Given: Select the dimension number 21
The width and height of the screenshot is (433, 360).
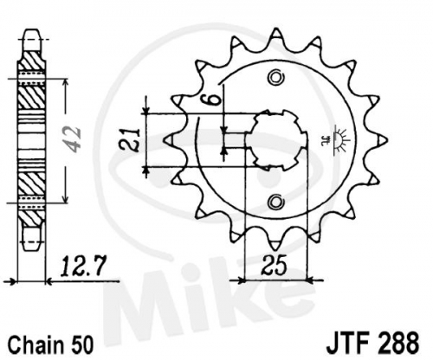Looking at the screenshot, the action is [131, 140].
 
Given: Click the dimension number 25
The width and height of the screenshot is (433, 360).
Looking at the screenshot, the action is [275, 265].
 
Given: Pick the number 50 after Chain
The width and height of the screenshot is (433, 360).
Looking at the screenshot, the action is [81, 344].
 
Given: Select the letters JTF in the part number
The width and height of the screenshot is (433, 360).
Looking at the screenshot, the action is [347, 343].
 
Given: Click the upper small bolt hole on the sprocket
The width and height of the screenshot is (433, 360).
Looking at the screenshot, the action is [276, 78].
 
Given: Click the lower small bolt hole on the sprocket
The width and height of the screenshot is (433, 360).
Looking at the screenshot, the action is [275, 202].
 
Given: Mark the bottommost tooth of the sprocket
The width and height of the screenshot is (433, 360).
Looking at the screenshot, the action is [275, 244].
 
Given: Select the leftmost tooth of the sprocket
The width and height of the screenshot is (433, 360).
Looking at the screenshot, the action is [171, 140].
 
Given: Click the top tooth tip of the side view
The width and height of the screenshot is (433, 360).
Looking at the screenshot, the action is [32, 30].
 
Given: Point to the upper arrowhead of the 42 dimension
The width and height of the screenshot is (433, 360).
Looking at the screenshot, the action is [66, 82].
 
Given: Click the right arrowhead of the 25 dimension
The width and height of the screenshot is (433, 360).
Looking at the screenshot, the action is [309, 280].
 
